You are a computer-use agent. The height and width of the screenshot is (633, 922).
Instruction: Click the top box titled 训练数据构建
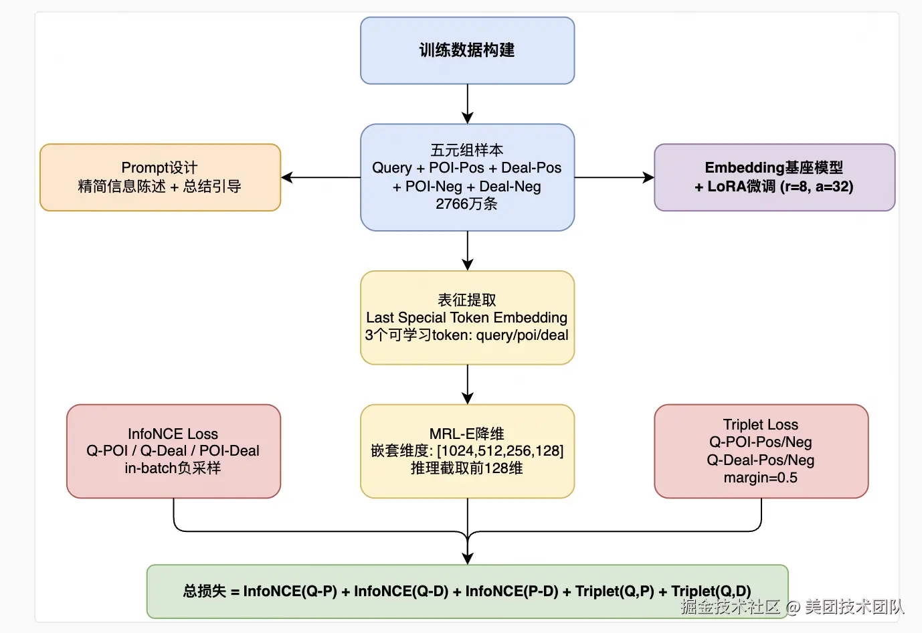pyautogui.click(x=467, y=51)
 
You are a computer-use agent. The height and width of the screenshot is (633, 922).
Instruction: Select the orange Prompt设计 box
pyautogui.click(x=160, y=177)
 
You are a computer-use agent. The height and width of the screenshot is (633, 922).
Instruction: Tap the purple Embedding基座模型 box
pyautogui.click(x=774, y=177)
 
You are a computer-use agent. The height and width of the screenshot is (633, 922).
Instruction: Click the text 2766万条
pyautogui.click(x=466, y=203)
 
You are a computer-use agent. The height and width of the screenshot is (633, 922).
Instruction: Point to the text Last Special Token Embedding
pyautogui.click(x=467, y=317)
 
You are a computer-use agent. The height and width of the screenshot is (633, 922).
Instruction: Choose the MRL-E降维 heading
pyautogui.click(x=467, y=434)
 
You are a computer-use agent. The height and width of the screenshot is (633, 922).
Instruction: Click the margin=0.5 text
pyautogui.click(x=761, y=478)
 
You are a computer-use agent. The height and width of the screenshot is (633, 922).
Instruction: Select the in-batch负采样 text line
pyautogui.click(x=173, y=468)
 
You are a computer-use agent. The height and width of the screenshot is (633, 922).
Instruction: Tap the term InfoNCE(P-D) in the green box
pyautogui.click(x=512, y=591)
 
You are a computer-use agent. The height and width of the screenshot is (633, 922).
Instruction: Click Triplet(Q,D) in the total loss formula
pyautogui.click(x=711, y=591)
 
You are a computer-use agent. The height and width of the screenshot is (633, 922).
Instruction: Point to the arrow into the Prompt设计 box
pyautogui.click(x=320, y=177)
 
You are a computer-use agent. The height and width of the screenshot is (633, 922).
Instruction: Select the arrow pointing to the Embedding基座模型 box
pyautogui.click(x=614, y=177)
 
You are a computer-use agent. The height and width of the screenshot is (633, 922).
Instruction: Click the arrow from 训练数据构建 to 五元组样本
pyautogui.click(x=468, y=104)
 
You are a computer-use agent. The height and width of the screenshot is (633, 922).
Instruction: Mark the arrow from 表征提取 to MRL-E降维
pyautogui.click(x=468, y=384)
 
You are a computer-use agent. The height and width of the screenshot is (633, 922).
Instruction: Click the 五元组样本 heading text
pyautogui.click(x=467, y=151)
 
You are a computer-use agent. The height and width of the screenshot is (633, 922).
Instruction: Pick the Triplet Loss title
pyautogui.click(x=761, y=424)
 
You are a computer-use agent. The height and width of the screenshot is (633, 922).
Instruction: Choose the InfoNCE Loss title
pyautogui.click(x=173, y=434)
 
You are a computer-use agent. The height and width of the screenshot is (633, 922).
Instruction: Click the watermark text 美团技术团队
pyautogui.click(x=854, y=607)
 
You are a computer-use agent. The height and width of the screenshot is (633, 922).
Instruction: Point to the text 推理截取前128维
pyautogui.click(x=467, y=468)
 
